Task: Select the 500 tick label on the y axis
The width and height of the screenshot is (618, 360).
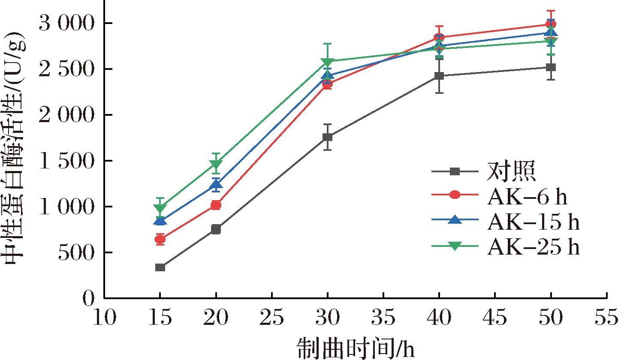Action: [75, 252]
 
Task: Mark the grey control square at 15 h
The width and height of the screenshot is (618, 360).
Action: [160, 267]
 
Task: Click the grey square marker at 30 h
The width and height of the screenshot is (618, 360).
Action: [328, 137]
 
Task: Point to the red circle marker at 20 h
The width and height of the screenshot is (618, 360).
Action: [216, 205]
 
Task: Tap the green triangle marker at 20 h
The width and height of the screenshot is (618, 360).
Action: [216, 165]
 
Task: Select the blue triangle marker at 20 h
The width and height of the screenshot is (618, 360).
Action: [216, 185]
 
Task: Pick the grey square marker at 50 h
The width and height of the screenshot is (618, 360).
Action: [551, 67]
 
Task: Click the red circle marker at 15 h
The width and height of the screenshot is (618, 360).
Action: [160, 239]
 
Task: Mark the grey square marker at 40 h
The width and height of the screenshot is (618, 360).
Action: [439, 76]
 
